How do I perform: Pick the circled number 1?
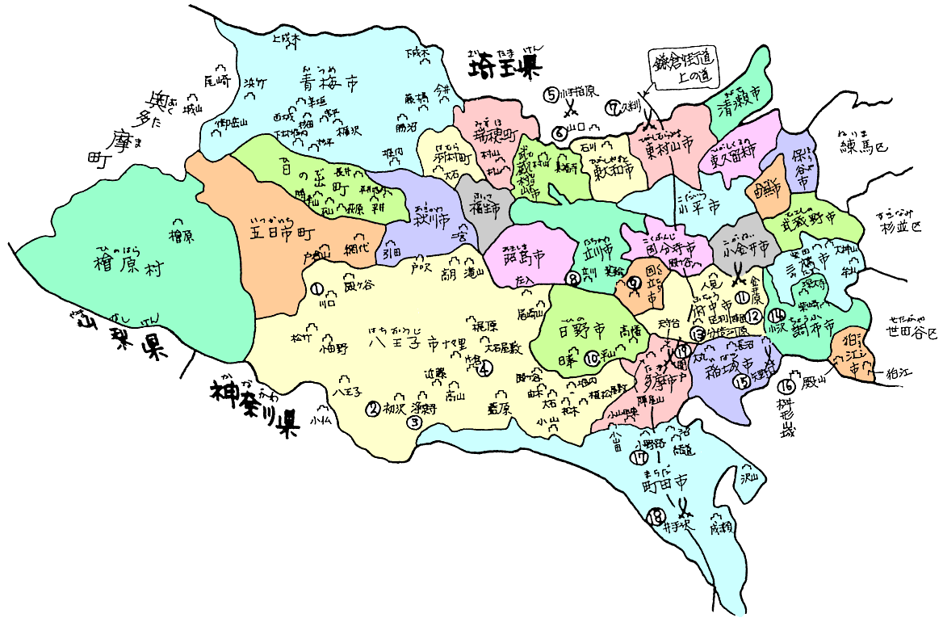click(316, 288)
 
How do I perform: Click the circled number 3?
click(415, 421)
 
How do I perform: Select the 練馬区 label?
click(864, 148)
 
